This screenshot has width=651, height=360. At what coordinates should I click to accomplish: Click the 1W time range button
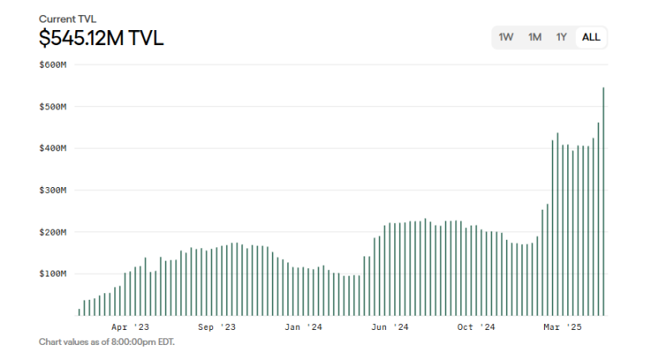(506, 38)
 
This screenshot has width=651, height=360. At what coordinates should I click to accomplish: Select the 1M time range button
(535, 38)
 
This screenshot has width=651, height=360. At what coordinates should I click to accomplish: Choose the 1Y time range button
(562, 38)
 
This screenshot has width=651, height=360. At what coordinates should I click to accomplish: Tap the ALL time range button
(591, 38)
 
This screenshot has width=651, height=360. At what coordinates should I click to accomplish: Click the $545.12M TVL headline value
(101, 38)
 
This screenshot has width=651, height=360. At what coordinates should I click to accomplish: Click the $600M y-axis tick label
(53, 65)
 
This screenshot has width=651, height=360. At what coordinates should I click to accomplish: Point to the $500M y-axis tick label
(53, 107)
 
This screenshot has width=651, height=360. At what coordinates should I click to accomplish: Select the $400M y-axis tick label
(53, 149)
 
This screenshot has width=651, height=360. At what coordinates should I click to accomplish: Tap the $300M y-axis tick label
(53, 190)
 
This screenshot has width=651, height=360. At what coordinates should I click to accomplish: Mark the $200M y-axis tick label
(53, 232)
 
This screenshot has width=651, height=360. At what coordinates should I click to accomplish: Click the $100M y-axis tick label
(53, 274)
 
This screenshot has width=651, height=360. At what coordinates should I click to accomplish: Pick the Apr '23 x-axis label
(130, 327)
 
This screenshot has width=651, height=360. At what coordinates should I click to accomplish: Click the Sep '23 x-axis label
(216, 327)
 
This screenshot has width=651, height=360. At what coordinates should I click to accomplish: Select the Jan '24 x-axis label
(303, 327)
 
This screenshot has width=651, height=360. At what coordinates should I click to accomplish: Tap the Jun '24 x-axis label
(389, 327)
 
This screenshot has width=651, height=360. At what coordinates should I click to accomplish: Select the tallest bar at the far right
(603, 200)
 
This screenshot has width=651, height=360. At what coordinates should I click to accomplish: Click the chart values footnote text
(107, 342)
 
